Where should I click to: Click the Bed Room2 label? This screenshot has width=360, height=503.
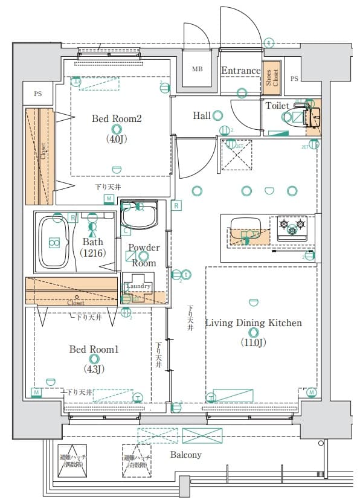tap(116, 118)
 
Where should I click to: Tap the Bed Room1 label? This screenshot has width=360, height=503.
tap(94, 349)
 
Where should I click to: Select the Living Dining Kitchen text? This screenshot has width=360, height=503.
tap(253, 323)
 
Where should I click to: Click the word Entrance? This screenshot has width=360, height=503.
tap(240, 71)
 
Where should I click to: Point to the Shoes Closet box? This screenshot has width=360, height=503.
tap(272, 78)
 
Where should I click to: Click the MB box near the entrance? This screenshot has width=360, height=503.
tap(198, 69)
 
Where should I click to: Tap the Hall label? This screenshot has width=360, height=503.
tap(201, 115)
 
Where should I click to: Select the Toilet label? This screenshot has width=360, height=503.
tap(277, 106)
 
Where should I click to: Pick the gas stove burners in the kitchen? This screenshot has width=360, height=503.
tap(292, 228)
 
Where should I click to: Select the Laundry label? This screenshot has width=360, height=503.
tap(138, 286)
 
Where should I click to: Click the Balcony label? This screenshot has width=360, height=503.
tap(185, 454)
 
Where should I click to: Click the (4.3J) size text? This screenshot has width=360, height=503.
tap(94, 369)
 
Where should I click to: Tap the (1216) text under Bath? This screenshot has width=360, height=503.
tap(93, 252)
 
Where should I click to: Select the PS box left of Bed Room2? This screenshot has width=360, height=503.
tap(38, 94)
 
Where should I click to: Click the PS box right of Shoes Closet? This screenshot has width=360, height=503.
tap(294, 78)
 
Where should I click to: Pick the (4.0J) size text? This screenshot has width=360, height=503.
tap(116, 138)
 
